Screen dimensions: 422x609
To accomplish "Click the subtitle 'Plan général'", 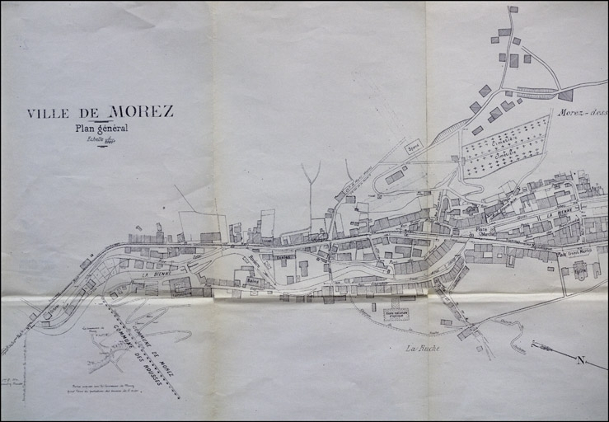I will [101, 128].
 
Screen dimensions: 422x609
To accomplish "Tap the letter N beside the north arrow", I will [580, 360].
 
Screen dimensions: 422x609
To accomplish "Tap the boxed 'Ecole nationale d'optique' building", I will [396, 314].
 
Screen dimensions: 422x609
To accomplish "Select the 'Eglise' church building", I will [579, 270].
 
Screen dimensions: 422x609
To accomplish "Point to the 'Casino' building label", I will [285, 257].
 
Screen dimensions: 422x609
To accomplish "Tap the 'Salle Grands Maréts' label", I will [574, 252].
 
